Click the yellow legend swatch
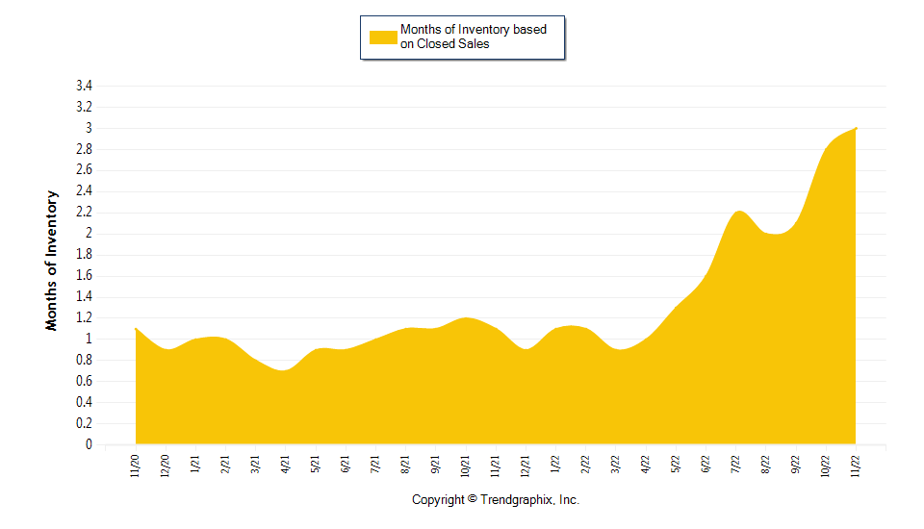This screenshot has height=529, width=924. point(383,37)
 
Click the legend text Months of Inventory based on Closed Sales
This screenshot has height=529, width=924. point(473,37)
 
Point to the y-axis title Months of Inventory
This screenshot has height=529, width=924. point(52,261)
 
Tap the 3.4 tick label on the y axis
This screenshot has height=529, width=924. point(84,86)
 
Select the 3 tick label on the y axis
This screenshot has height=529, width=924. point(89,128)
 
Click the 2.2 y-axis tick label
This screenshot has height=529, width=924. point(84,213)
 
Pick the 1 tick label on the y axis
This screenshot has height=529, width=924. point(89,340)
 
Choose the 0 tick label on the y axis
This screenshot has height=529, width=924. point(89,445)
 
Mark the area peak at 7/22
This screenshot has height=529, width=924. point(738,212)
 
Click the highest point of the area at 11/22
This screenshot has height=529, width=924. point(856,128)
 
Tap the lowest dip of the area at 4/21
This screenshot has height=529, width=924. point(284,370)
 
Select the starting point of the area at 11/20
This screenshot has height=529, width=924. point(136,329)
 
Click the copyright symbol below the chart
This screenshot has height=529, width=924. point(472,499)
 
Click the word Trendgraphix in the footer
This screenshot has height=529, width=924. point(517,500)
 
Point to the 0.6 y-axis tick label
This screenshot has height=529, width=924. point(84,382)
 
